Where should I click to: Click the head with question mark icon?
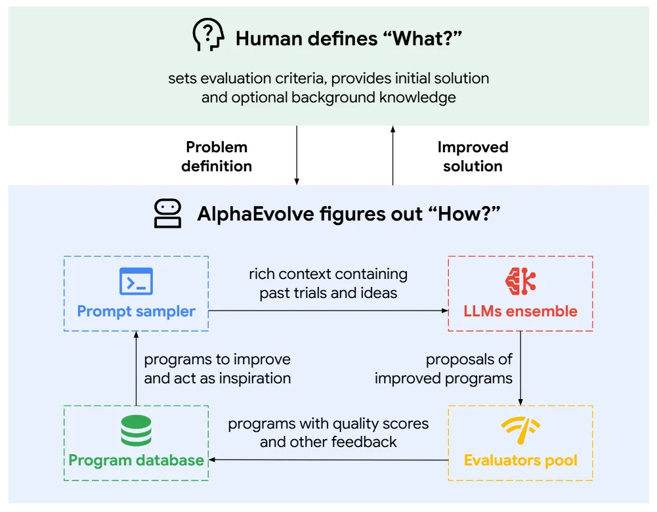pos(208,35)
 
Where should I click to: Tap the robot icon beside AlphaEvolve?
pos(167,214)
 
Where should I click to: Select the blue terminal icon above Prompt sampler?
pos(136,282)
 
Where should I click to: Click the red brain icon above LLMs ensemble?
pos(520,280)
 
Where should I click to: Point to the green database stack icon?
pos(136,431)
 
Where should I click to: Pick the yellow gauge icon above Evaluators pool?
pos(520,430)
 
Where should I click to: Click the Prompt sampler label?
pos(136,311)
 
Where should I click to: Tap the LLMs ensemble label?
pos(520,311)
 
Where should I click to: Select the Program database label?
pos(136,459)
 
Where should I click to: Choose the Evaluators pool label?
pos(520,459)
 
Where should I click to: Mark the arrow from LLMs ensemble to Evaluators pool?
pos(520,368)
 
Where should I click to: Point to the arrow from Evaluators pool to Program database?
pos(328,460)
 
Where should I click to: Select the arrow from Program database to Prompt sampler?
pos(136,368)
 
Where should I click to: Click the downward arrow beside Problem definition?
pos(297,156)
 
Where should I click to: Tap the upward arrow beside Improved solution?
pos(392,156)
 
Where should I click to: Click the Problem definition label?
pos(217,157)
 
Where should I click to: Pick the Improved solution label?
pos(473,157)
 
